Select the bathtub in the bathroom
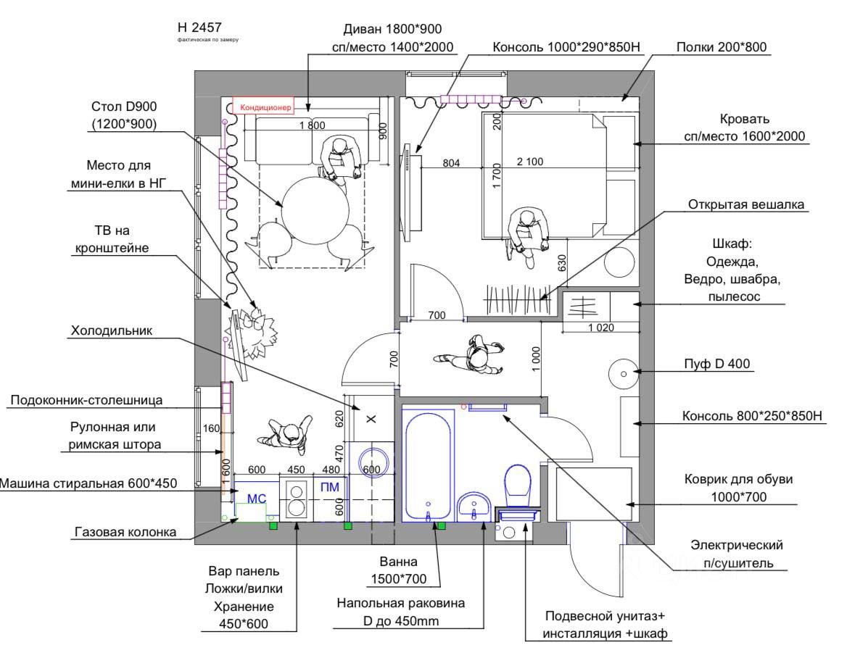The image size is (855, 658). pos(429,464)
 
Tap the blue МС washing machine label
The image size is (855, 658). pos(257,499)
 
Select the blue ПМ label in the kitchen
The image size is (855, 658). pos(330,487)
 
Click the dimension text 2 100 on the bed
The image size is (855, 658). pos(530,162)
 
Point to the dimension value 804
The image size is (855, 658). pos(451,163)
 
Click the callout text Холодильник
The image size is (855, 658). pos(121,331)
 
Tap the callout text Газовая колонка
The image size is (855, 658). pos(125,532)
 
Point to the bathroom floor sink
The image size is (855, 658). pos(475,505)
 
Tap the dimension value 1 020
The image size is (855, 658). pos(600,328)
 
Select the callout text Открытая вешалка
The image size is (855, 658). pos(745,205)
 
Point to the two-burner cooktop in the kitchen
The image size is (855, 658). pos(297,497)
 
